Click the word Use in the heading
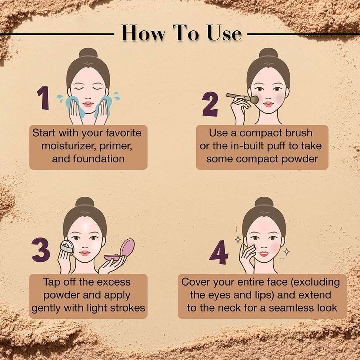pos(224,33)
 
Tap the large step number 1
pos(43,98)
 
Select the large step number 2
pos(210,104)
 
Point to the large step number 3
pos(41,250)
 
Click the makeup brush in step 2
pos(243,98)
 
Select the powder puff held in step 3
pos(67,248)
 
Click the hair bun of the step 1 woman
pos(88,53)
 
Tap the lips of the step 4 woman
pos(264,254)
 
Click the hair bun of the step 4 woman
pos(264,202)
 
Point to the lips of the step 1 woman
pos(88,104)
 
